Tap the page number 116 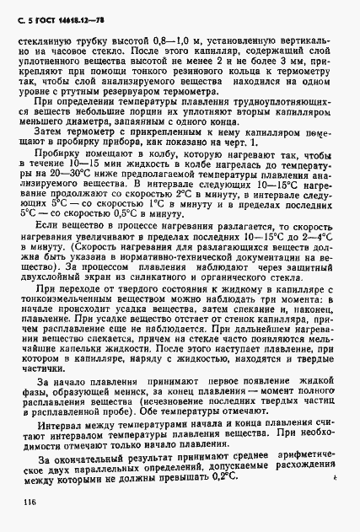point(19,505)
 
